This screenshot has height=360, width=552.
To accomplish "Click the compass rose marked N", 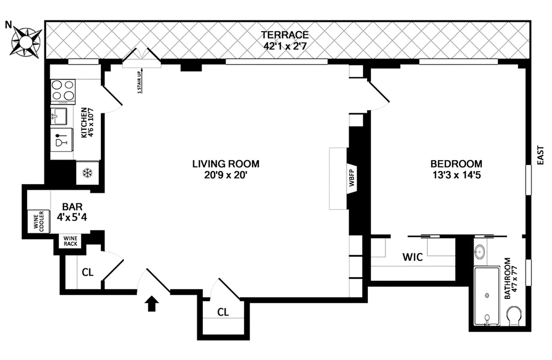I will click(x=26, y=42).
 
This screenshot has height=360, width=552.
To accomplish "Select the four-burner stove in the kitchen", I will click(x=63, y=90).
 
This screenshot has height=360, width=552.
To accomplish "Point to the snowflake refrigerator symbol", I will click(x=87, y=173).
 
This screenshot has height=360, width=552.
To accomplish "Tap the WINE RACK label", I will click(x=71, y=241).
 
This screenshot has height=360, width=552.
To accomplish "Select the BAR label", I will click(x=72, y=207).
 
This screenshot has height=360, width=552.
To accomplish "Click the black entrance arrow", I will click(x=153, y=304).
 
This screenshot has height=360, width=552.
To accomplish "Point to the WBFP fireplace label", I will click(x=352, y=179).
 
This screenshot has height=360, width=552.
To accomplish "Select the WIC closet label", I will click(x=412, y=257).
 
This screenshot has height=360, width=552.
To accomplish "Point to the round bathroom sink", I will click(x=480, y=250).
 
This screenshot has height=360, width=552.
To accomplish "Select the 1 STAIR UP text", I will click(x=139, y=81).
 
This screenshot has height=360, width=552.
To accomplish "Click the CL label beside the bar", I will click(x=88, y=272).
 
